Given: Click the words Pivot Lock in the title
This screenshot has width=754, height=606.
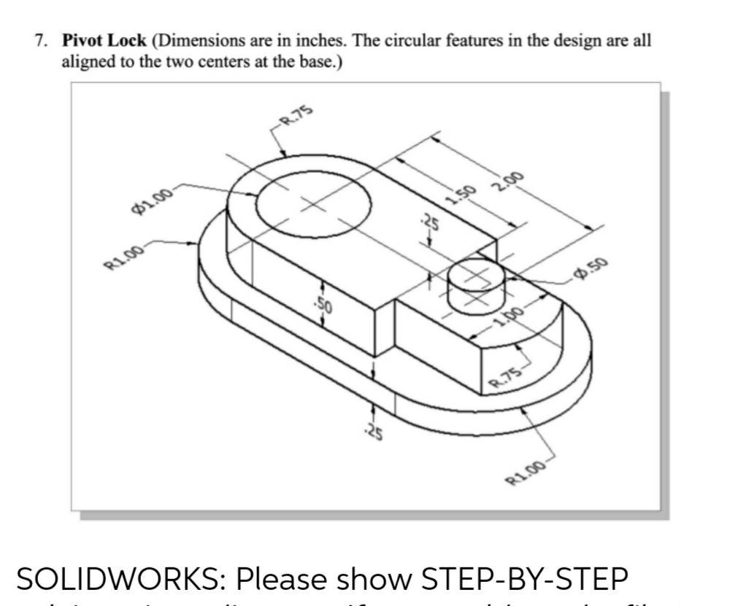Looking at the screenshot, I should point(104,41).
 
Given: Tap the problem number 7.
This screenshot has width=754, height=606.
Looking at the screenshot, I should point(41,41).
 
